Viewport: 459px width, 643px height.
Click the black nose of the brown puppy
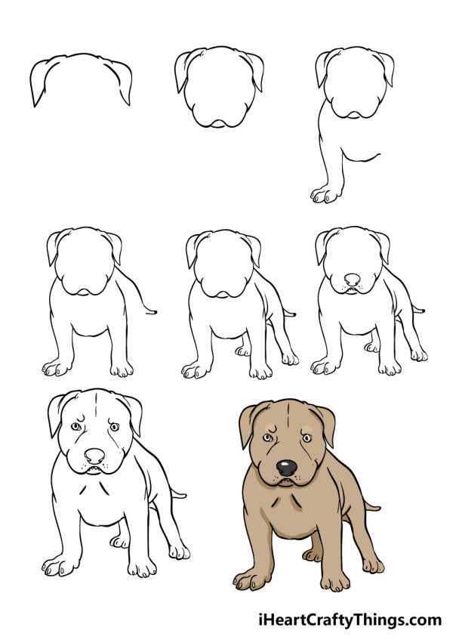pos(286,467)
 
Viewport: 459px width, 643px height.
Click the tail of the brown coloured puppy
pos(371,502)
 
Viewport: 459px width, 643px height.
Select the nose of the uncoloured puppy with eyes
pos(94,456)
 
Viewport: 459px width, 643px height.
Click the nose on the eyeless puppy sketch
pos(351,280)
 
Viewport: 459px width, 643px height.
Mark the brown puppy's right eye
pos(307,437)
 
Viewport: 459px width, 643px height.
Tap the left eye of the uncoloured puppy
pos(75,428)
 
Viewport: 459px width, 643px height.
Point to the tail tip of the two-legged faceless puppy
pos(155,310)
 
